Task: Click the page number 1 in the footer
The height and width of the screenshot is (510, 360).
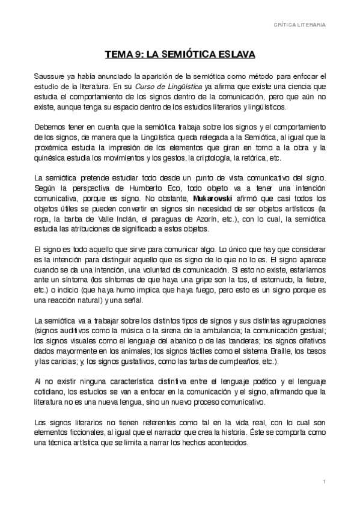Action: (x=324, y=483)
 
